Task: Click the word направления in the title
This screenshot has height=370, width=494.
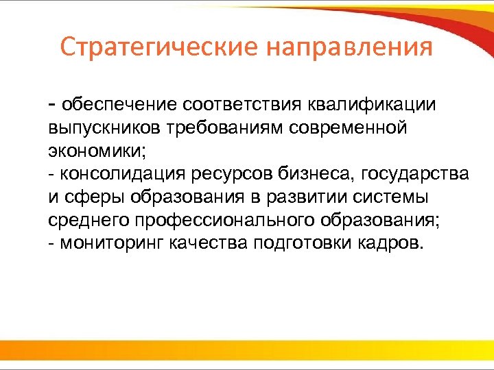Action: (x=349, y=49)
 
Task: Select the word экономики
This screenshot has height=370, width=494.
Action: (x=99, y=151)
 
